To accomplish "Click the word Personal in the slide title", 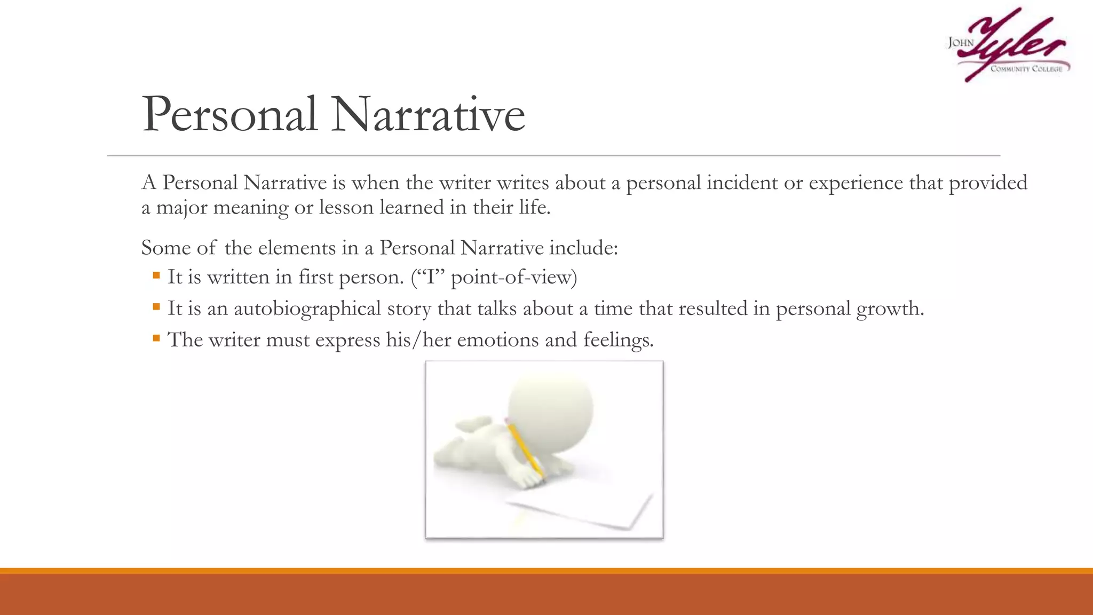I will coord(229,115).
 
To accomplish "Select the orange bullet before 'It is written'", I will coord(156,276).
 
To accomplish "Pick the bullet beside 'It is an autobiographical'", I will coord(156,307).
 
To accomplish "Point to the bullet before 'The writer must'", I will coord(156,338).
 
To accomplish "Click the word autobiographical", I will coord(307,309).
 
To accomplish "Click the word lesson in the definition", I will coord(346,208).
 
